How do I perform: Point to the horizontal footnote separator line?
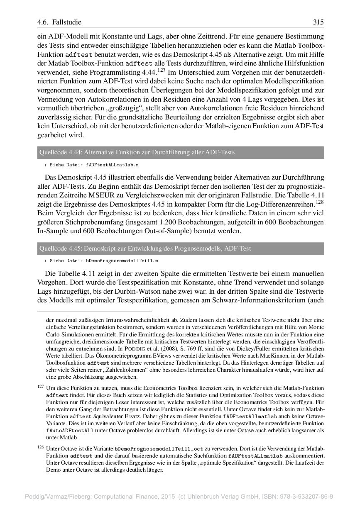pos(95,311)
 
